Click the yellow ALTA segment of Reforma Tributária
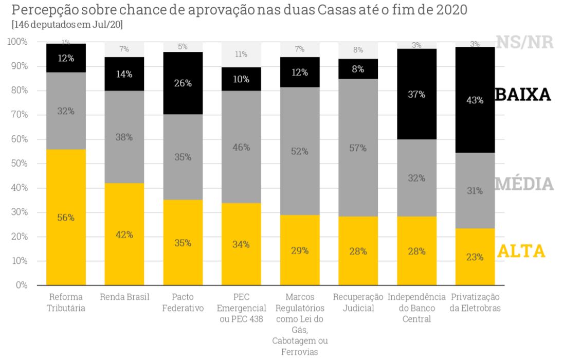coord(66,217)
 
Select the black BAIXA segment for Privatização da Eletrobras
coord(475,100)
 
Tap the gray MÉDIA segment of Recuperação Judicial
coord(358,147)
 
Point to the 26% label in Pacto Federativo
coord(183,83)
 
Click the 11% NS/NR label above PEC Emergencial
coord(241,54)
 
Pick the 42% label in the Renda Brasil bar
coord(124,235)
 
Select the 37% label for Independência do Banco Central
coord(416,95)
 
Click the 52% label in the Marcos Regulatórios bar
coord(300,151)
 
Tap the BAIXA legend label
coord(523,95)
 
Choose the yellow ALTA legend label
coord(521,251)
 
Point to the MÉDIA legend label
coord(524,184)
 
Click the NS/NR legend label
coord(524,42)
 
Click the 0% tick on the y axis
coord(22,285)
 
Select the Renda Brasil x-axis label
coord(124,297)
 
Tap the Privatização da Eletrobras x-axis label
coord(475,302)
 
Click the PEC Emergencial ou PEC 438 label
coord(241,308)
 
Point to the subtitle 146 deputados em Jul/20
coord(67,25)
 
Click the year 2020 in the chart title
coord(452,10)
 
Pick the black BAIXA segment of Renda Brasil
coord(124,74)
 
